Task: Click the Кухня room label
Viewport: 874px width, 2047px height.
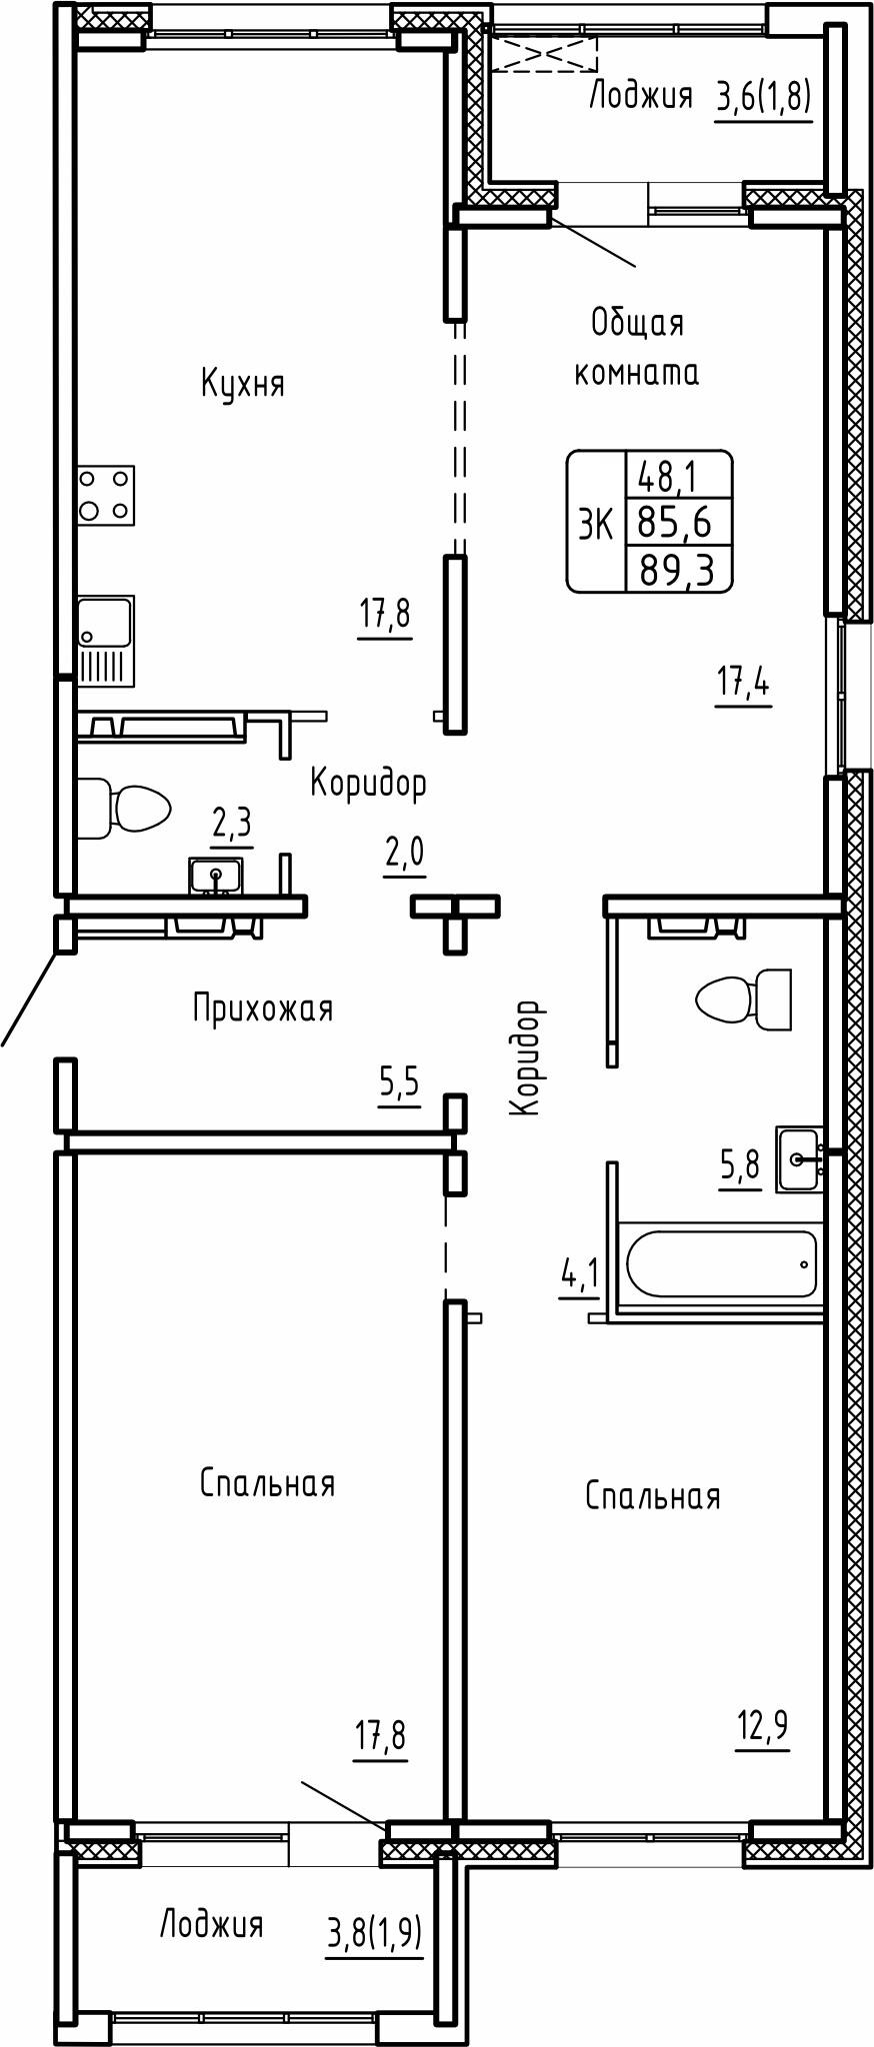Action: [x=243, y=384]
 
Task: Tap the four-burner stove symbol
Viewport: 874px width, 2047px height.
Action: [x=106, y=494]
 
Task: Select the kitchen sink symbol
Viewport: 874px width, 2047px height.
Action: [x=106, y=641]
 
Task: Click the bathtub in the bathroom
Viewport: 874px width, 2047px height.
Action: [x=721, y=1263]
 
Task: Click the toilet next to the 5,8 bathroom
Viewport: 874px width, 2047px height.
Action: [x=744, y=1000]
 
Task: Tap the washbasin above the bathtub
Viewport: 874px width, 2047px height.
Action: [x=800, y=1159]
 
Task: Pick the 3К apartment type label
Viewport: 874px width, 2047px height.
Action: [x=596, y=523]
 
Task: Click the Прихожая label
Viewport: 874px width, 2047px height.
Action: [x=262, y=1009]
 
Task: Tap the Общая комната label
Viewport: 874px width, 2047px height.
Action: [x=637, y=347]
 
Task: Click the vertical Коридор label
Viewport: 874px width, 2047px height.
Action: [x=526, y=1057]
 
